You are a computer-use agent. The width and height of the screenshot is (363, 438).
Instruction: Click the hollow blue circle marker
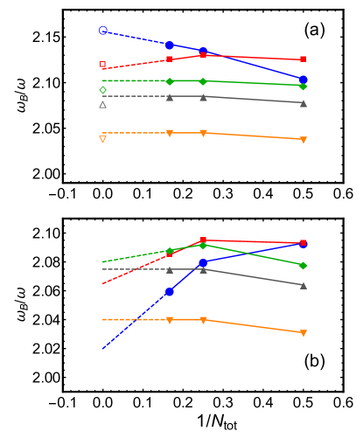coord(103,31)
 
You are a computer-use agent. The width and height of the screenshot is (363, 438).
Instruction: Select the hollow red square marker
coord(103,65)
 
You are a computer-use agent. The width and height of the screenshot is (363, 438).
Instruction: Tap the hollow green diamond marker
coord(103,90)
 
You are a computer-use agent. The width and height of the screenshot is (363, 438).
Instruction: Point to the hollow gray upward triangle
coord(103,105)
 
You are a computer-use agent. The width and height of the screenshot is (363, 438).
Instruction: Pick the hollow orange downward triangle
coord(103,139)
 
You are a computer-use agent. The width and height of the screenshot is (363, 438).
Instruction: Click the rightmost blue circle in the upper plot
coord(304,80)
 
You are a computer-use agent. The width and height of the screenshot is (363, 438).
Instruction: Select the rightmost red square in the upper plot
coord(304,59)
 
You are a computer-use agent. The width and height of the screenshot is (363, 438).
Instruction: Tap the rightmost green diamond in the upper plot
coord(304,86)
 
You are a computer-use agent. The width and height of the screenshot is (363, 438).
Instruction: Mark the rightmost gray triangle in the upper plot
coord(304,103)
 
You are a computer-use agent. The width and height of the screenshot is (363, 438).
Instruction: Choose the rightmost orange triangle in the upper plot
coord(304,140)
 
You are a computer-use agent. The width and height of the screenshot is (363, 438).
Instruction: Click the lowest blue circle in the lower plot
coord(170,291)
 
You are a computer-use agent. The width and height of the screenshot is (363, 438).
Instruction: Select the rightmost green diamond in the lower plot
coord(304,266)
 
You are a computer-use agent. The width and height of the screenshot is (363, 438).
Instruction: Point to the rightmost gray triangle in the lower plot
coord(304,285)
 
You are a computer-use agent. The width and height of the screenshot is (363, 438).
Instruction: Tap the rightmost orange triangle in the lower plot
coord(304,333)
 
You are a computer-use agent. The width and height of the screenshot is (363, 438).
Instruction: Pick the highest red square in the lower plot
coord(203,240)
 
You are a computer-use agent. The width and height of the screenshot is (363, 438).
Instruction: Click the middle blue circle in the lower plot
coord(203,262)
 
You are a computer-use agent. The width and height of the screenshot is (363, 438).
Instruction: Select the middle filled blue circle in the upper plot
coord(203,51)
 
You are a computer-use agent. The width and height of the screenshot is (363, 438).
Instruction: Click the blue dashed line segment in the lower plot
coord(136,320)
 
